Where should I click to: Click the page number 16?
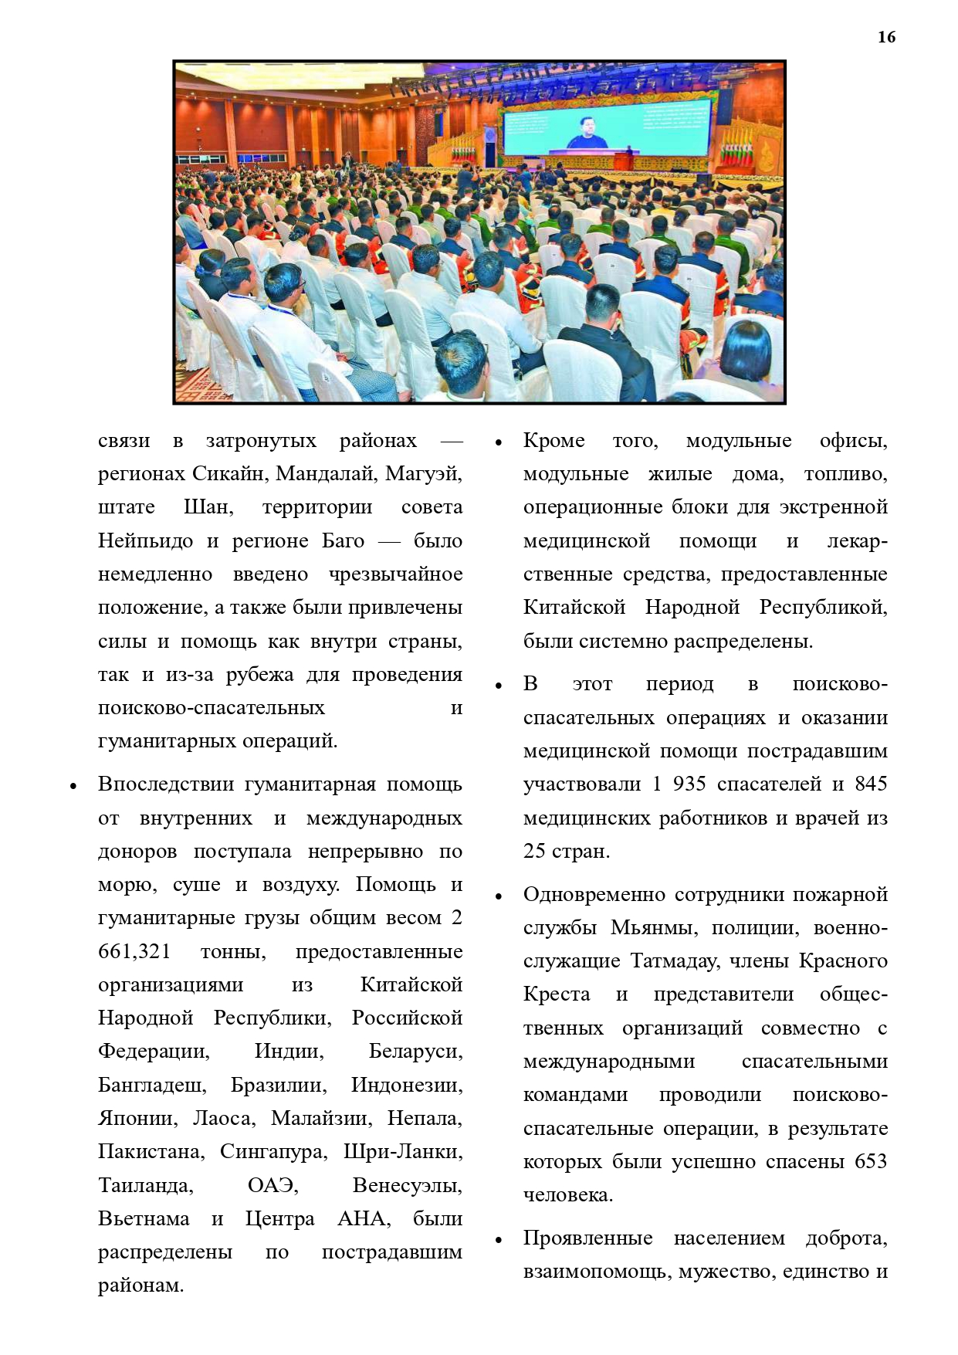pyautogui.click(x=886, y=37)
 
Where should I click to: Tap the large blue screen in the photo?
pyautogui.click(x=605, y=127)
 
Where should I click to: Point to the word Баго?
pyautogui.click(x=343, y=540)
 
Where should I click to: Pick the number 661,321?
pyautogui.click(x=134, y=951)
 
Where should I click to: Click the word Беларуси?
pyautogui.click(x=415, y=1052)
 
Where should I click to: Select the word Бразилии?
pyautogui.click(x=279, y=1085)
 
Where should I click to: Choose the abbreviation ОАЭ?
pyautogui.click(x=273, y=1185)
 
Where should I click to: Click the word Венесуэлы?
pyautogui.click(x=407, y=1185)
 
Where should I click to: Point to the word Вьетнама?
pyautogui.click(x=144, y=1218)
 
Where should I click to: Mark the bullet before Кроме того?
pyautogui.click(x=499, y=443)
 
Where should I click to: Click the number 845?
pyautogui.click(x=871, y=784)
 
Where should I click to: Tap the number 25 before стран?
pyautogui.click(x=534, y=851)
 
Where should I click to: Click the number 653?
pyautogui.click(x=871, y=1161)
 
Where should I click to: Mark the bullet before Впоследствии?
pyautogui.click(x=73, y=787)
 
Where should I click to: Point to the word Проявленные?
pyautogui.click(x=587, y=1238)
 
